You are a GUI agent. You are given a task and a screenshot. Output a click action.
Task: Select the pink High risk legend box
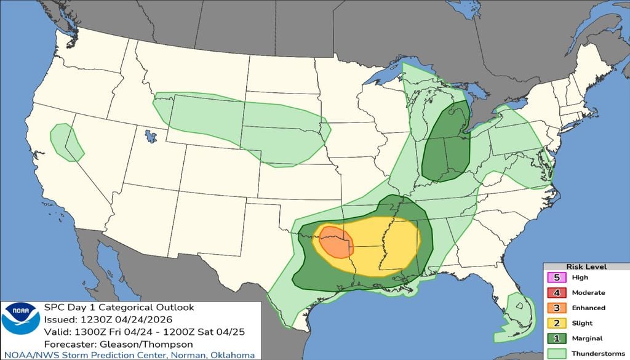click(x=556, y=278)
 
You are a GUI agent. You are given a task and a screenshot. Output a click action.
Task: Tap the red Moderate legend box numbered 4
click(x=556, y=292)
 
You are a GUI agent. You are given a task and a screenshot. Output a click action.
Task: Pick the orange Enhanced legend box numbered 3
click(x=556, y=308)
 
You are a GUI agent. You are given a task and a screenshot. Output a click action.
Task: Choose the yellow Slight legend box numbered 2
click(x=556, y=323)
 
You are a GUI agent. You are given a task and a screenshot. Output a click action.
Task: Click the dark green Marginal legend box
click(x=556, y=338)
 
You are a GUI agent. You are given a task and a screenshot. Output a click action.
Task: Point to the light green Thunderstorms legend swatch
click(x=556, y=353)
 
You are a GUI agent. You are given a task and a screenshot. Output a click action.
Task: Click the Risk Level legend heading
click(x=586, y=267)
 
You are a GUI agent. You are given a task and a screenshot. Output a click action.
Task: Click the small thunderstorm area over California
click(x=65, y=142)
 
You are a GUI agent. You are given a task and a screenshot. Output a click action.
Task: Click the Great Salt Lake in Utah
click(x=150, y=135)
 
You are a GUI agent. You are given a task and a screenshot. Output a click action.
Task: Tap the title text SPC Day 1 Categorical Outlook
click(x=119, y=307)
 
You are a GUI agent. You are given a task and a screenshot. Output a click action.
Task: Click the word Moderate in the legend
click(x=589, y=293)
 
